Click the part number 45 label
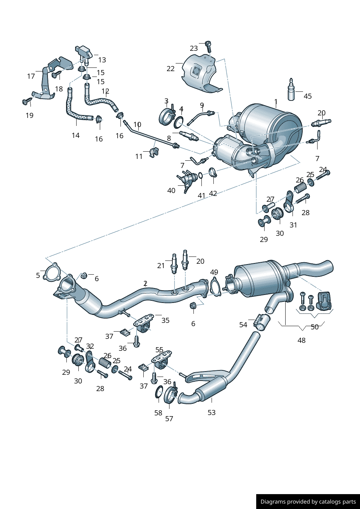coord(307,96)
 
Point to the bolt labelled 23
coord(208,46)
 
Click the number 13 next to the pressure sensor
coord(102,60)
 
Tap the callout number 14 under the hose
coord(75,135)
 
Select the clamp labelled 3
coord(167,116)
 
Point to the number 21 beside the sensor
coord(161,266)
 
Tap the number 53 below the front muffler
coord(212,412)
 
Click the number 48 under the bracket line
coord(302,340)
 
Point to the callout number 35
coord(165,320)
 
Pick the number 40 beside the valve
coord(171,190)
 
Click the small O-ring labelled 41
coord(200,176)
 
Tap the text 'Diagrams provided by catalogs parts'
coord(308,502)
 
